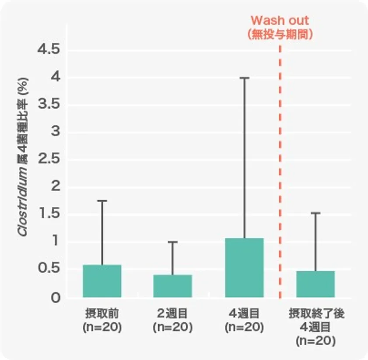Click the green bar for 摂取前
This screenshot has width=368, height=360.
102,281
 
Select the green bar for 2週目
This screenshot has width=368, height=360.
173,286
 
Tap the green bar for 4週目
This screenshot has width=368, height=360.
244,267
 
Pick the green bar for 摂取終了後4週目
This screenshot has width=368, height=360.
315,284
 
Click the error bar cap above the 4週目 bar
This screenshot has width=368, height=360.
244,78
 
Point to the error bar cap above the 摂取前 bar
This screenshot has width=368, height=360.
102,200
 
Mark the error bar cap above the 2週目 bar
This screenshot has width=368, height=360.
173,242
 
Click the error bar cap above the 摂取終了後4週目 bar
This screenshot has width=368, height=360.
315,213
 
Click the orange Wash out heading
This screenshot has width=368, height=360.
280,20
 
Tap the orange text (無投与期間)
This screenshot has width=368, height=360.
280,35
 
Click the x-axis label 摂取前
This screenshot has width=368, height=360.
102,314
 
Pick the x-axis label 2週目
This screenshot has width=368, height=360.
173,314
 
